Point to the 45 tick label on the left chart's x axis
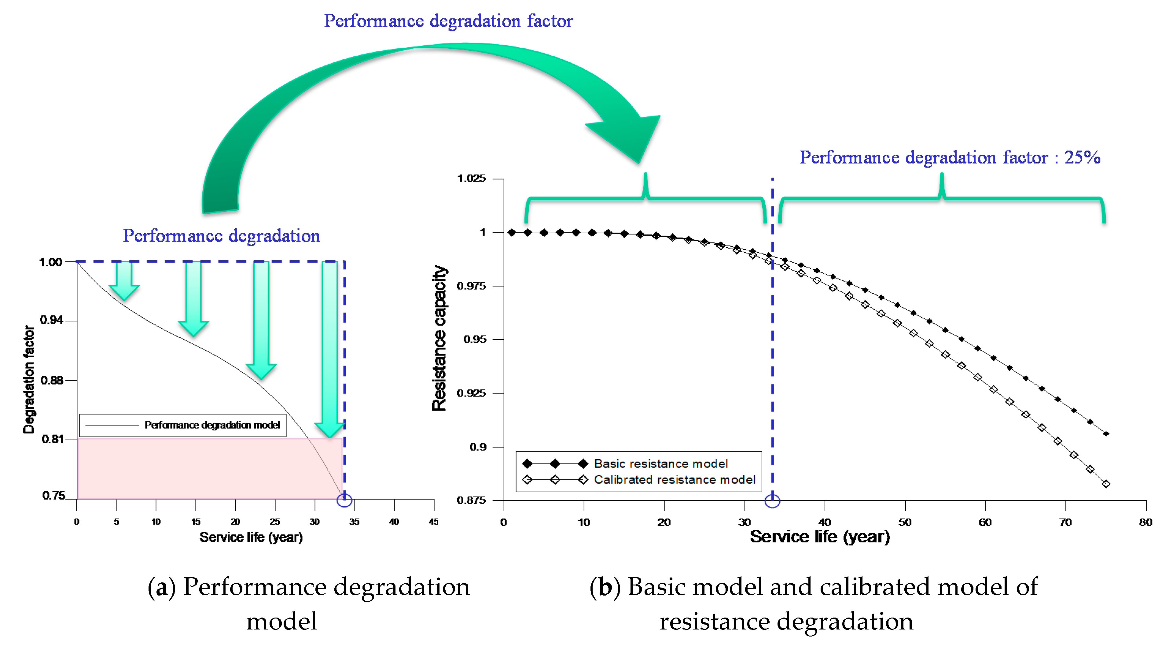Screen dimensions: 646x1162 [433, 522]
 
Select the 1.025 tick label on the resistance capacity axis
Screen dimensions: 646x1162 [471, 178]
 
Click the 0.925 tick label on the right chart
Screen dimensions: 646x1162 [471, 393]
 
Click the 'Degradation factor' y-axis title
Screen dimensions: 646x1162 [29, 379]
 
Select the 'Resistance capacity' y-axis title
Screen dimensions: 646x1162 [439, 338]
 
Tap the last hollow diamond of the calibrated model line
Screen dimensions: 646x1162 [1106, 484]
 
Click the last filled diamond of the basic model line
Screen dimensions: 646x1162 [1106, 434]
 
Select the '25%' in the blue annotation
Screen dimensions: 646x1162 [1082, 157]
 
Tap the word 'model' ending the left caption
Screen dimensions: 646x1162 [281, 621]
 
